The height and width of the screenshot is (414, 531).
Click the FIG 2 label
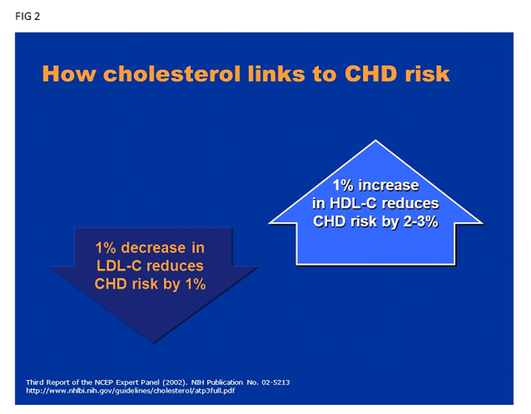pyautogui.click(x=28, y=17)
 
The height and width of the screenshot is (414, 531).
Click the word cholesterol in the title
pyautogui.click(x=171, y=73)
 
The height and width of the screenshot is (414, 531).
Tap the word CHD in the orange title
pyautogui.click(x=371, y=73)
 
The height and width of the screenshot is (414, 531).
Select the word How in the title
pyautogui.click(x=69, y=73)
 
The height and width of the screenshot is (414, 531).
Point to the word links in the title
pyautogui.click(x=277, y=73)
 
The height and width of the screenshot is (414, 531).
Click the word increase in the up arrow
pyautogui.click(x=389, y=185)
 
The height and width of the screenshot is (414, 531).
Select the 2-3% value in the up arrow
pyautogui.click(x=420, y=221)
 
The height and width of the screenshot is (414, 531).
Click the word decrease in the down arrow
pyautogui.click(x=153, y=248)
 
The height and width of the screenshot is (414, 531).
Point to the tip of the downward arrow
pyautogui.click(x=153, y=343)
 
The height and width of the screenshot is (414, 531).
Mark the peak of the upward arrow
pyautogui.click(x=375, y=140)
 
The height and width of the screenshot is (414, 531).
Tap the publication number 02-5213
pyautogui.click(x=275, y=382)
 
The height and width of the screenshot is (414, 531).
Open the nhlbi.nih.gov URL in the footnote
pyautogui.click(x=131, y=391)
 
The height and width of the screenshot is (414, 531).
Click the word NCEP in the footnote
pyautogui.click(x=104, y=382)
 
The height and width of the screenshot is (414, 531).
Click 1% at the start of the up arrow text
pyautogui.click(x=343, y=185)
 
